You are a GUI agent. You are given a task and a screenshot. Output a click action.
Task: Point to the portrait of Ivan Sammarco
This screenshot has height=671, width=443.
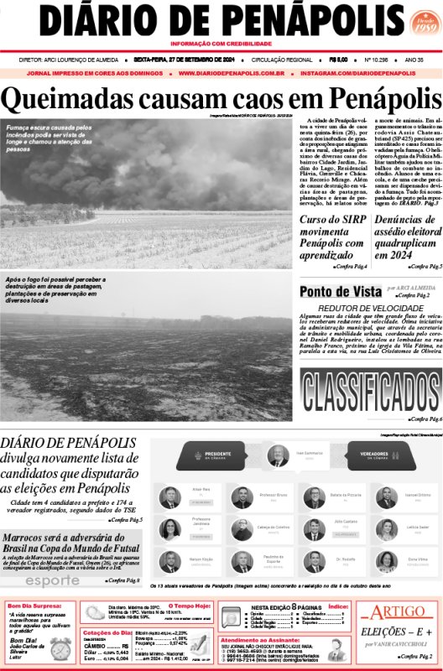pyautogui.click(x=278, y=455)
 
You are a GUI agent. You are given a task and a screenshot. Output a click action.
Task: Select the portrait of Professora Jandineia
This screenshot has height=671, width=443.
pyautogui.click(x=170, y=529)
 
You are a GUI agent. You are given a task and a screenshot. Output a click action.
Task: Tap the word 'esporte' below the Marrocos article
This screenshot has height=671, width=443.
pyautogui.click(x=52, y=580)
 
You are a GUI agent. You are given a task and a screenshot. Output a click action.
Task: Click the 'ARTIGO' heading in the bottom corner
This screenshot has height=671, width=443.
pyautogui.click(x=398, y=611)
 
